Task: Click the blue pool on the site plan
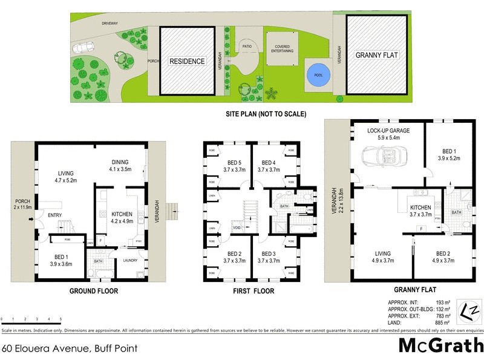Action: [318, 76]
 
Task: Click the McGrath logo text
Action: [441, 345]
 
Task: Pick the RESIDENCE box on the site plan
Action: [187, 61]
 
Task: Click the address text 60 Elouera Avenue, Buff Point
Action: [70, 348]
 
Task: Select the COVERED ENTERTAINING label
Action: [284, 48]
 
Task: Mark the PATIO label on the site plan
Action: [247, 45]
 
